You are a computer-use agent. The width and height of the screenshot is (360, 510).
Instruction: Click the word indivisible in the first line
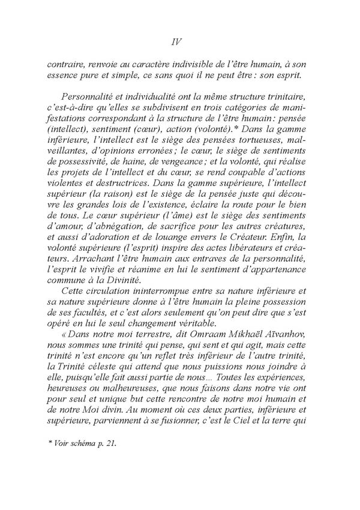[196, 64]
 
